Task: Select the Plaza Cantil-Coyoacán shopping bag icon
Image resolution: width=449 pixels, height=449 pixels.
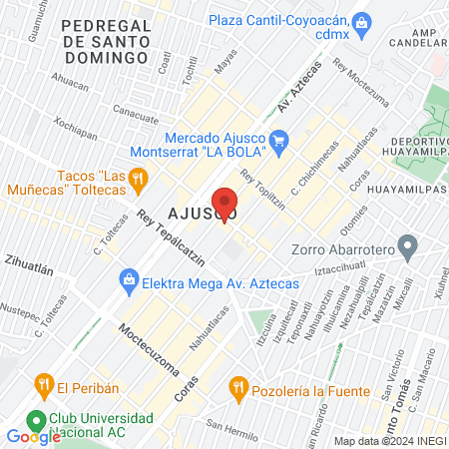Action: (362, 21)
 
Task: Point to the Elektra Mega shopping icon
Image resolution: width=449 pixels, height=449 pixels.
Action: (129, 280)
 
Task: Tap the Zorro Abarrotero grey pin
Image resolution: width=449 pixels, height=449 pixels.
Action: (407, 244)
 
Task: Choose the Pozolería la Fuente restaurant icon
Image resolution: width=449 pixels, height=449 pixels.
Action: (237, 384)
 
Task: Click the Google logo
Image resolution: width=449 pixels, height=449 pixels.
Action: (33, 436)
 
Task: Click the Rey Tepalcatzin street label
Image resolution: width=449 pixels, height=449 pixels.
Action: (171, 240)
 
